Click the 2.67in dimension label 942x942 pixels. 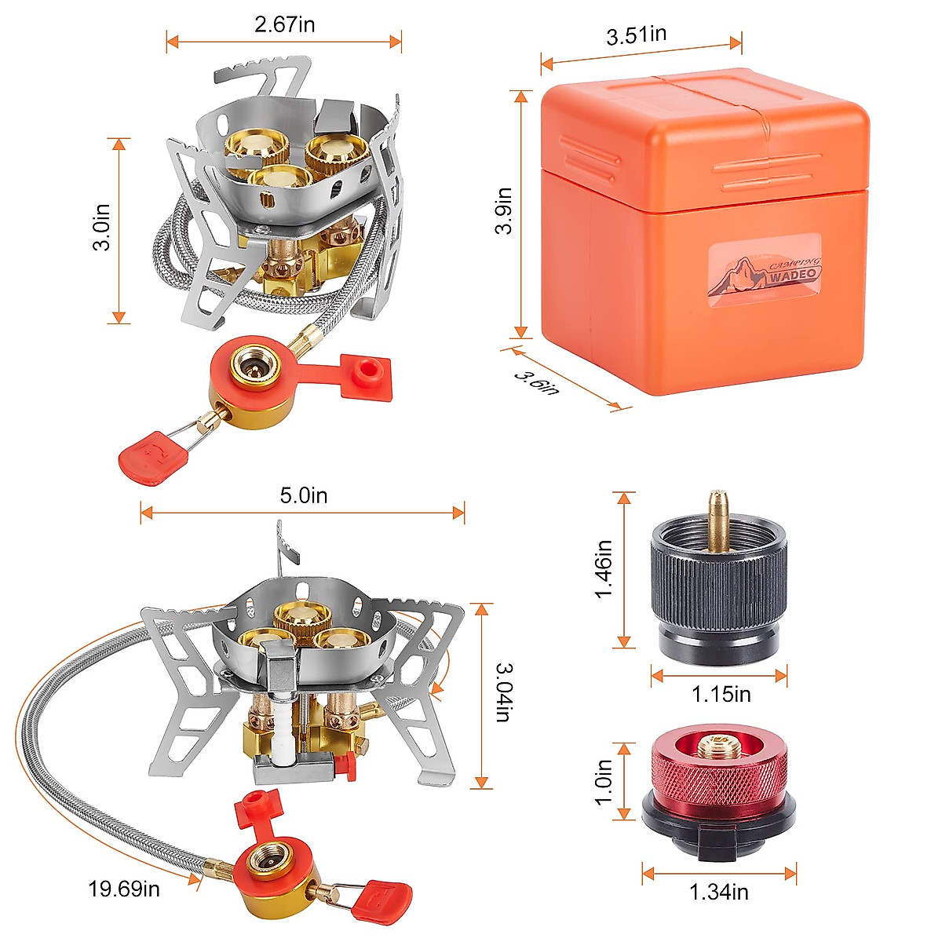click(x=284, y=24)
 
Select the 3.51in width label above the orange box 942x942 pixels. click(x=636, y=35)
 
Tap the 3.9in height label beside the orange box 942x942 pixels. click(x=503, y=210)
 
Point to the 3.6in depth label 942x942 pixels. click(x=537, y=382)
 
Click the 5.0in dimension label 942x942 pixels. click(x=304, y=495)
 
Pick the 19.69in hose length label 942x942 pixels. click(x=124, y=889)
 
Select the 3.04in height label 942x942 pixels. click(x=504, y=692)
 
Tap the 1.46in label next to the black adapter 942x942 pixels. click(x=603, y=569)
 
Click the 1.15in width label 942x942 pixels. click(x=721, y=694)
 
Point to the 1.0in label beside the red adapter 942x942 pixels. click(x=603, y=781)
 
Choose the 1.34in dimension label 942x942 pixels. click(x=718, y=892)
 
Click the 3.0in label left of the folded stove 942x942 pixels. click(x=100, y=228)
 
